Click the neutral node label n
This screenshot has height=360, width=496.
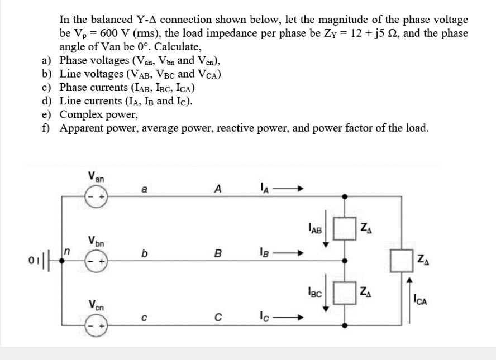(66, 253)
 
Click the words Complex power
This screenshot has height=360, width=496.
(98, 115)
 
